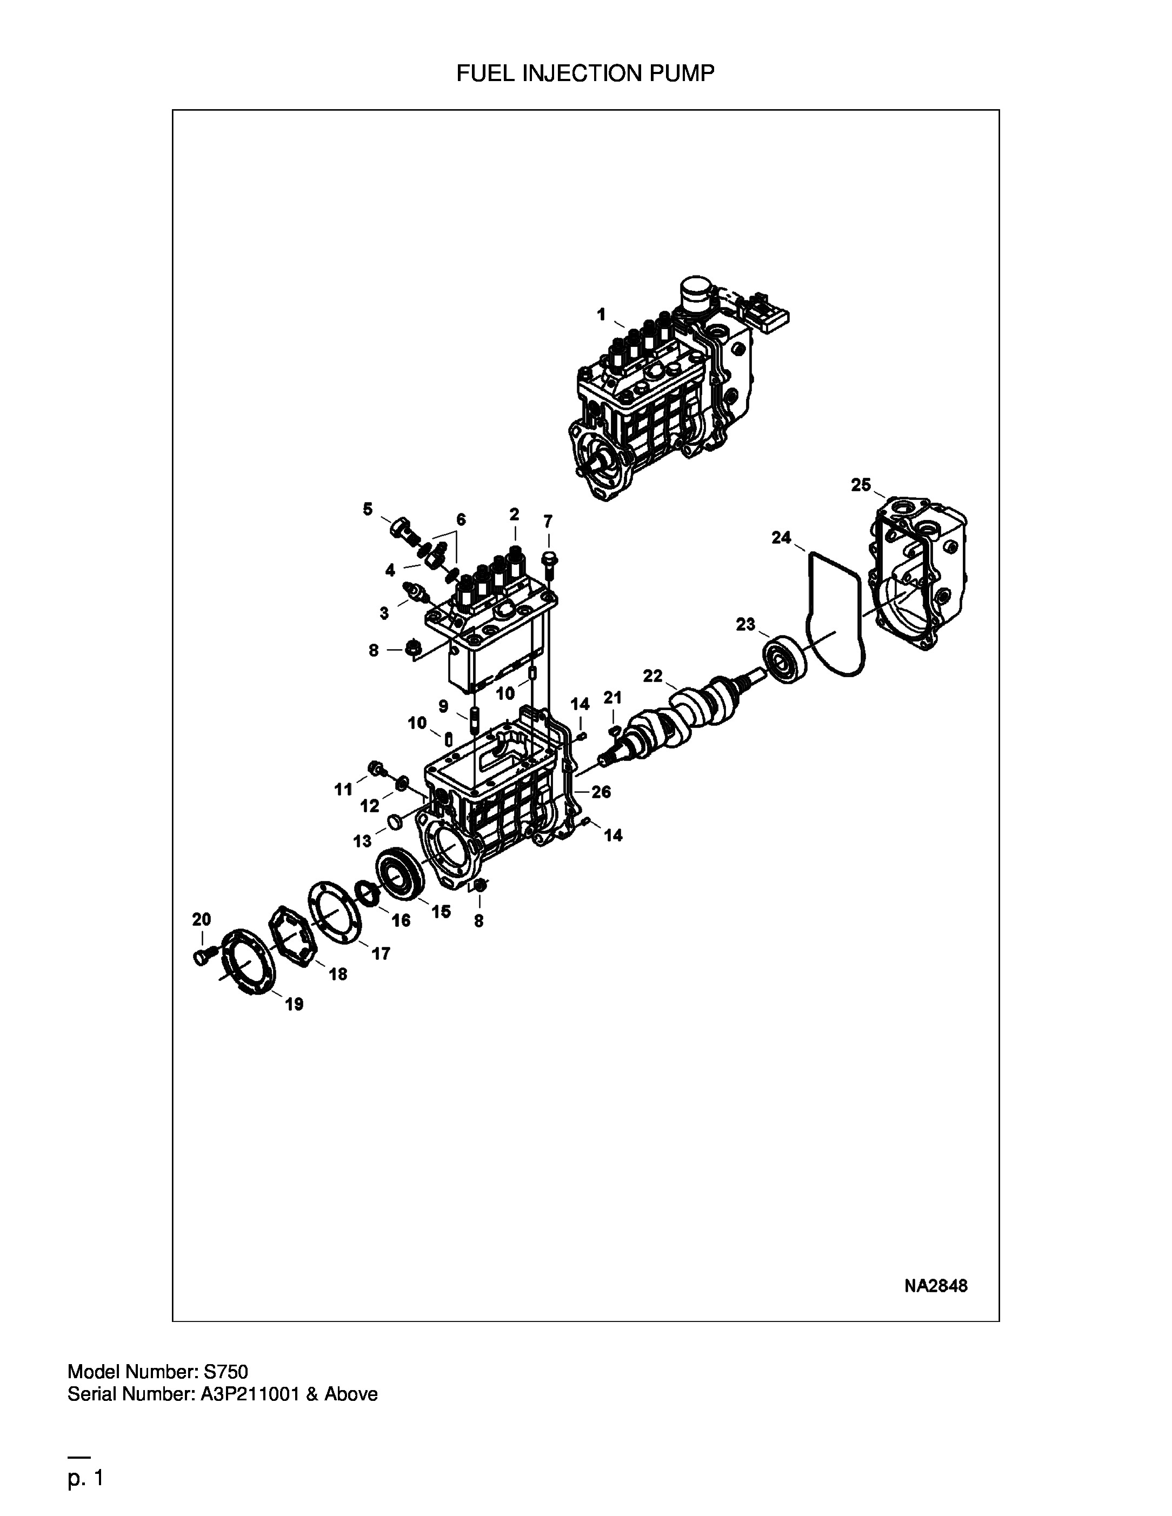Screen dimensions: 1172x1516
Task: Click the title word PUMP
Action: [681, 73]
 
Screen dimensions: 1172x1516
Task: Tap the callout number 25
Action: [861, 485]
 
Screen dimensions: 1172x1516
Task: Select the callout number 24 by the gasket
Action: [781, 537]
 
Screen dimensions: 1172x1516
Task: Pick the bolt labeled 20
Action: [201, 957]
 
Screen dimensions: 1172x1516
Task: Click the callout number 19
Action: [295, 1004]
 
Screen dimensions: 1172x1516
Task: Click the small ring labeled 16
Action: [368, 893]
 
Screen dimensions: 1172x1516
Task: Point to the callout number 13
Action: [362, 842]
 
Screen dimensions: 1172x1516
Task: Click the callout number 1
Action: [601, 315]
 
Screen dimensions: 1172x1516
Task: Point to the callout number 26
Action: [601, 791]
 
